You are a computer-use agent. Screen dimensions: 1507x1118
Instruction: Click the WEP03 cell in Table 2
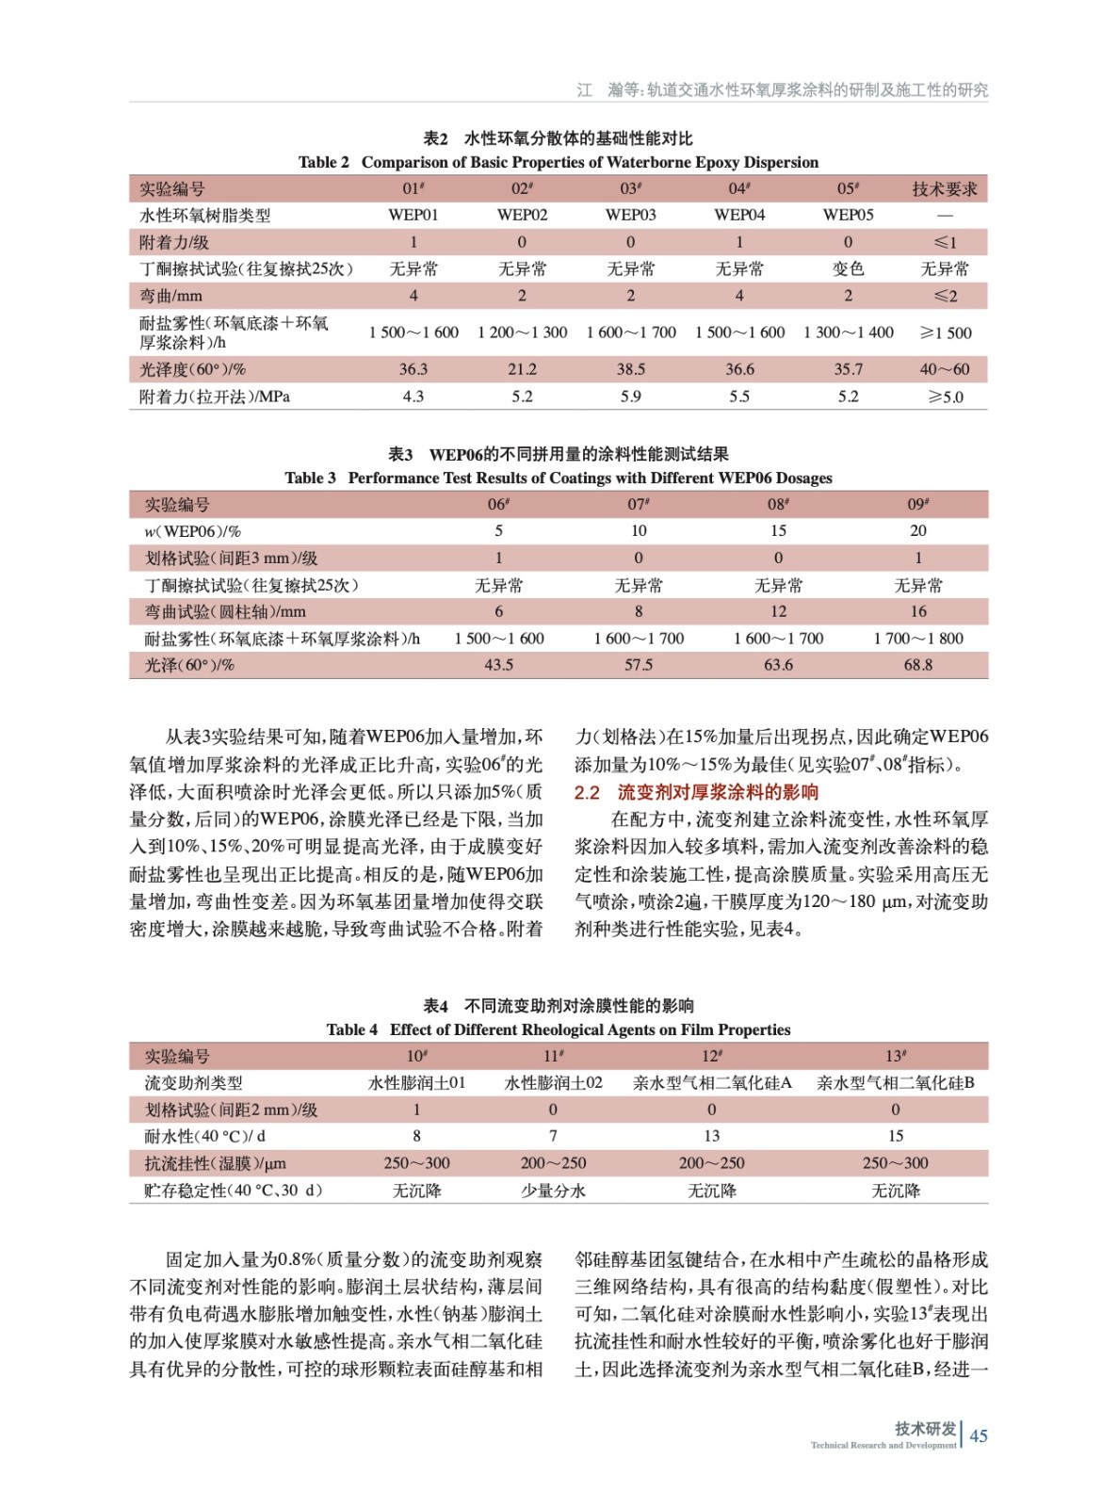pyautogui.click(x=630, y=215)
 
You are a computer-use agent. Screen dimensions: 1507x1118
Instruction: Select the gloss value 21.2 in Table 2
pyautogui.click(x=522, y=369)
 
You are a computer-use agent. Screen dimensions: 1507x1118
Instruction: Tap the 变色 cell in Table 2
pyautogui.click(x=848, y=268)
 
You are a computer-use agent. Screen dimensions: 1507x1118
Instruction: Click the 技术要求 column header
pyautogui.click(x=944, y=189)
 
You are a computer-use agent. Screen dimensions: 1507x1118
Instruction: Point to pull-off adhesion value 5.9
pyautogui.click(x=630, y=397)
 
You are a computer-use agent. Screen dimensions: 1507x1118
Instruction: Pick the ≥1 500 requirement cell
pyautogui.click(x=945, y=332)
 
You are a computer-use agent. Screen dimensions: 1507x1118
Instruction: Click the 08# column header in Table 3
pyautogui.click(x=778, y=505)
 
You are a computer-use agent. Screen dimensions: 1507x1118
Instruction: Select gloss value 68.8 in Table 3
pyautogui.click(x=917, y=665)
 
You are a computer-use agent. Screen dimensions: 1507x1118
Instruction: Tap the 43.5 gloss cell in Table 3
pyautogui.click(x=498, y=665)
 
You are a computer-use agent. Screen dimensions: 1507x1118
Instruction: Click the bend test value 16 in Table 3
pyautogui.click(x=917, y=611)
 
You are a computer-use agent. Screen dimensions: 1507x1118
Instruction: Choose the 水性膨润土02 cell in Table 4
pyautogui.click(x=553, y=1083)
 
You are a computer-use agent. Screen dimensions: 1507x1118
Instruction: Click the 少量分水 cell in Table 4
pyautogui.click(x=553, y=1191)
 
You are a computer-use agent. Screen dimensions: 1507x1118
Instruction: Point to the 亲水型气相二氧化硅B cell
pyautogui.click(x=895, y=1083)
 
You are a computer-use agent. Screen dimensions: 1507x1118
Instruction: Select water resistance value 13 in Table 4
pyautogui.click(x=711, y=1137)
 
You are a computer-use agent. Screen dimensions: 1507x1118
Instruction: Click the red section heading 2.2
pyautogui.click(x=696, y=792)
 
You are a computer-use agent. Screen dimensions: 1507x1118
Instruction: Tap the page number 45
pyautogui.click(x=979, y=1435)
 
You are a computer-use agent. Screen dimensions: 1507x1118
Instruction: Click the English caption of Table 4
pyautogui.click(x=559, y=1029)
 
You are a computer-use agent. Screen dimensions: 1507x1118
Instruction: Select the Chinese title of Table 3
pyautogui.click(x=559, y=454)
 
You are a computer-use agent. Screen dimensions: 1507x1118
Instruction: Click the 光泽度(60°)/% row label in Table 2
pyautogui.click(x=192, y=369)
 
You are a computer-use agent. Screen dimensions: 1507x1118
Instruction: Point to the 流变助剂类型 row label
pyautogui.click(x=193, y=1083)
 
